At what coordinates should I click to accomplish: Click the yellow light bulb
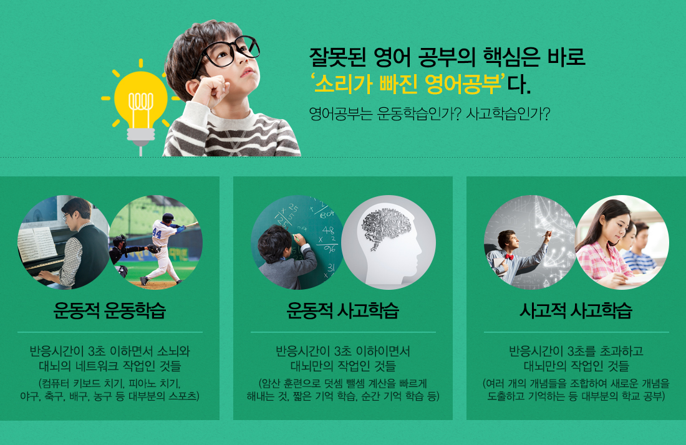[x=140, y=105]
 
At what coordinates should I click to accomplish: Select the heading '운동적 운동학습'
[x=110, y=310]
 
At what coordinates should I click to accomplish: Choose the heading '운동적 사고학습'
[x=343, y=310]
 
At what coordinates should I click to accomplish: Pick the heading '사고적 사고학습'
[x=576, y=310]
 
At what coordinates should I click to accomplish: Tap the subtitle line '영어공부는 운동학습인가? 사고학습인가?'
[x=429, y=114]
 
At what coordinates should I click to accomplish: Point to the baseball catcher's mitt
[x=153, y=249]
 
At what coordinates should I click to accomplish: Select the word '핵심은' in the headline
[x=511, y=57]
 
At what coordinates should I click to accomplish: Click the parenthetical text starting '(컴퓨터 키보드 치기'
[x=110, y=390]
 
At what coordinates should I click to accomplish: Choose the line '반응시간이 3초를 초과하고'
[x=576, y=351]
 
